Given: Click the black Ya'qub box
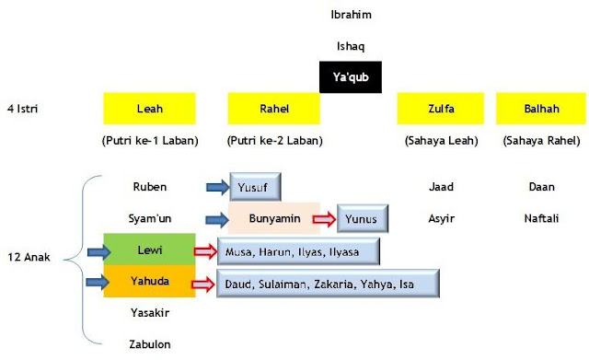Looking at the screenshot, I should (350, 76).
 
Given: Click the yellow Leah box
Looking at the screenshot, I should (149, 109).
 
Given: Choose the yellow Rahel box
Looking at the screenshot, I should (273, 109).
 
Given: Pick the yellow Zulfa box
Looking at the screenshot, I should (441, 109).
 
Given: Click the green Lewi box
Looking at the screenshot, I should (149, 250).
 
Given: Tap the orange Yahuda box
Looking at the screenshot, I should (149, 282).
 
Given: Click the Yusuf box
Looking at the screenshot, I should (255, 187).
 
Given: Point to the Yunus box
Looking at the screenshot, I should (363, 219).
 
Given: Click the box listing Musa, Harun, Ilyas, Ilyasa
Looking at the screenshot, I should (298, 250).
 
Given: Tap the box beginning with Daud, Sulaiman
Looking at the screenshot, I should (327, 284).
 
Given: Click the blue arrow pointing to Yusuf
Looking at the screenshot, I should (218, 188).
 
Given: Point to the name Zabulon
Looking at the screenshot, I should (149, 344).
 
